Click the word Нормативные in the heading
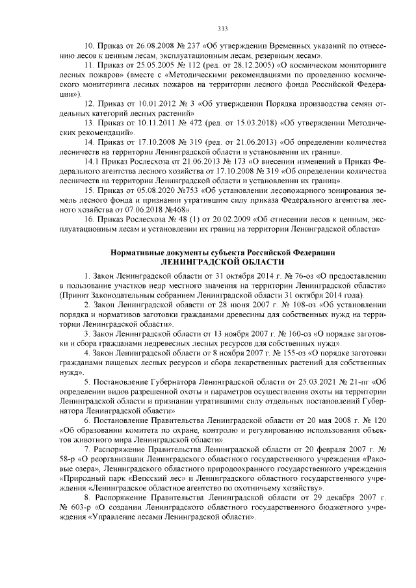tap(139, 251)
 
